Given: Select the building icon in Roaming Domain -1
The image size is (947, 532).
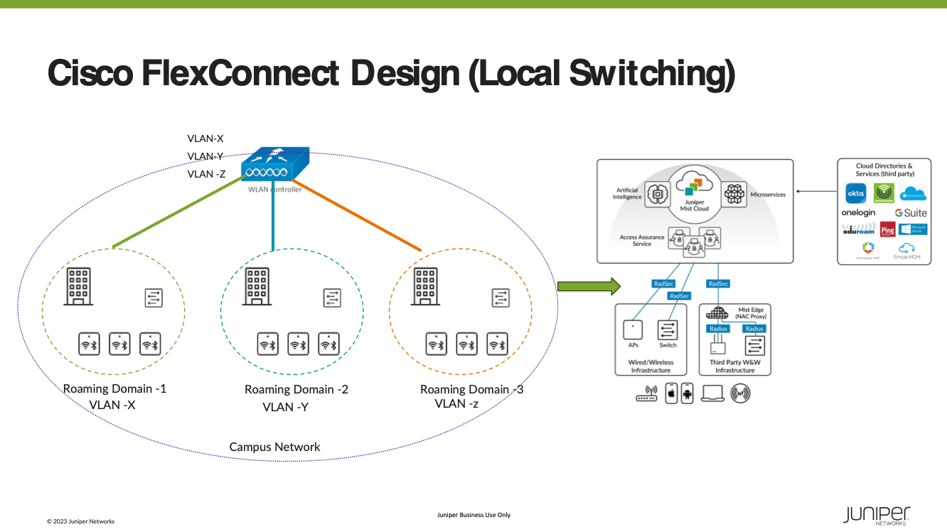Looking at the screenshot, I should click(x=78, y=286).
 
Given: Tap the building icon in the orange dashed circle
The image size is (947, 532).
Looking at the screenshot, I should click(x=425, y=286).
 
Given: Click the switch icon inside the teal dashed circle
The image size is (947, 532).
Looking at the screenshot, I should click(x=332, y=298).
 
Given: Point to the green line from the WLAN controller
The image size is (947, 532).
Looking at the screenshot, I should click(x=178, y=213).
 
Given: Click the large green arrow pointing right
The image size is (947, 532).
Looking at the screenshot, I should click(x=589, y=286).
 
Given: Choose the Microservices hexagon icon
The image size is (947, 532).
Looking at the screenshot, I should click(x=734, y=194).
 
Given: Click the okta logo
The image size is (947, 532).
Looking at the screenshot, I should click(x=855, y=193).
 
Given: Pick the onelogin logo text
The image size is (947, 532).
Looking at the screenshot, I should click(x=859, y=212).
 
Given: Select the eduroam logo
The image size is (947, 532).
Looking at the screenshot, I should click(x=858, y=230).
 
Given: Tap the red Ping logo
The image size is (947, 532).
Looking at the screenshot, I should click(x=887, y=230).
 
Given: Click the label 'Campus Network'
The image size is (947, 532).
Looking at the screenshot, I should click(x=274, y=447).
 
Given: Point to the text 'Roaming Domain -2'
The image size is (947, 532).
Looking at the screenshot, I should click(x=296, y=389).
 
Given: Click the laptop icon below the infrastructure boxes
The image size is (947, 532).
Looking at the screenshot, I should click(x=712, y=393).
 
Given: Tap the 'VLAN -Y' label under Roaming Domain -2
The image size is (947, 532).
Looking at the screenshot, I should click(x=285, y=407).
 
